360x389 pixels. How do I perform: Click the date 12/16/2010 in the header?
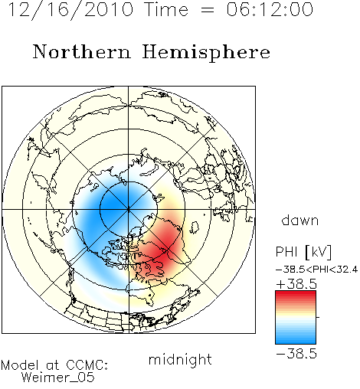click(x=70, y=10)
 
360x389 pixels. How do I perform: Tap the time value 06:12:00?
click(x=270, y=10)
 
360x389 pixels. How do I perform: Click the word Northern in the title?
click(x=82, y=51)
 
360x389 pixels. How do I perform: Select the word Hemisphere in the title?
click(x=206, y=53)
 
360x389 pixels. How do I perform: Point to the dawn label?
click(x=300, y=221)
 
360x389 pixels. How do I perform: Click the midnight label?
click(x=180, y=359)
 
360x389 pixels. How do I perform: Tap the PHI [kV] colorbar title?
click(x=303, y=252)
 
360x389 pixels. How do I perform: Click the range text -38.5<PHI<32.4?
click(x=316, y=270)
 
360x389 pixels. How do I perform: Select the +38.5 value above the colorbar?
click(x=296, y=284)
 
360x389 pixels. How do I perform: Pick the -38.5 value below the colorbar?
click(x=296, y=354)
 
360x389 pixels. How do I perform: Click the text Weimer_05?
click(x=58, y=378)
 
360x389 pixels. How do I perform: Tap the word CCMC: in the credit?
click(x=87, y=365)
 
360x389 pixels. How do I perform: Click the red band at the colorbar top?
click(x=296, y=293)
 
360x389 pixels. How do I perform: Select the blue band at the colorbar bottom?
click(x=296, y=341)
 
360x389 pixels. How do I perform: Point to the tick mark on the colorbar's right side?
click(x=318, y=317)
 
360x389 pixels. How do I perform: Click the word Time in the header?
click(x=166, y=10)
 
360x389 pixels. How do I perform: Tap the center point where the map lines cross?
click(x=129, y=209)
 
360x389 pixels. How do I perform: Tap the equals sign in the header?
click(x=208, y=11)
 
